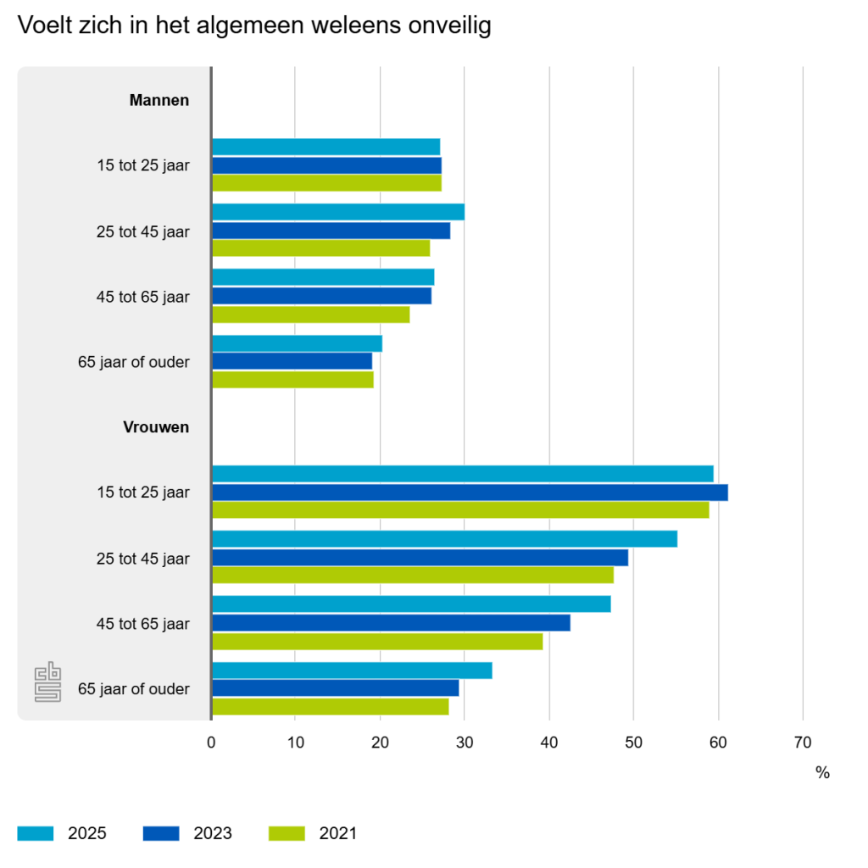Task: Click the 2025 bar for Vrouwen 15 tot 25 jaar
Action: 462,474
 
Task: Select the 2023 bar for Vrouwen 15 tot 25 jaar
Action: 470,492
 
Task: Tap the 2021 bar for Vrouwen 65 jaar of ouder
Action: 330,707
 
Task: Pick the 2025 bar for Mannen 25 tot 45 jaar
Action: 338,212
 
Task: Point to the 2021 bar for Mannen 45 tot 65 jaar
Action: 310,314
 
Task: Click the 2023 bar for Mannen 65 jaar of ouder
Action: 292,361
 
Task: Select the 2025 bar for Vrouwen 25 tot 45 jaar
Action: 444,539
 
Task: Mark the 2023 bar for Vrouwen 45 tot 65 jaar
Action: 391,623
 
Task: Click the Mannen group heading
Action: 159,100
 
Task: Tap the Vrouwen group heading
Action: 157,427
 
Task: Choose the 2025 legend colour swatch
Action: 36,833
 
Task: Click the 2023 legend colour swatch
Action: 161,833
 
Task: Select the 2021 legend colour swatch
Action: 287,833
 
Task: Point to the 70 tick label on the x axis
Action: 802,743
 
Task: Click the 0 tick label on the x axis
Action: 211,743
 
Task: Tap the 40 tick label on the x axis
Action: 549,743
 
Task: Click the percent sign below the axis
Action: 822,773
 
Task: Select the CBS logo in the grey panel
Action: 48,684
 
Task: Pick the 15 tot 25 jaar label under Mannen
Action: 143,165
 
